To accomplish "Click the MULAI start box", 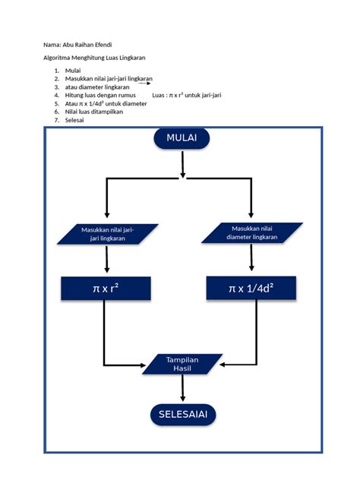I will coord(182,138).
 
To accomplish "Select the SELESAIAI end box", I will coord(182,415).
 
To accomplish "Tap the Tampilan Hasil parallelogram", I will coord(182,364).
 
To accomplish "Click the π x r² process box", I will coord(106,289).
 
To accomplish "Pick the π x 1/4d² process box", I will coord(251,289).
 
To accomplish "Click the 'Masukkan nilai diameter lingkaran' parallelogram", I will coord(251,232).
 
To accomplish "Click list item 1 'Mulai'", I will coord(74,71).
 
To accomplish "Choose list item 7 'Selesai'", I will coord(74,119).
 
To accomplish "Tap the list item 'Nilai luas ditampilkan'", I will coord(93,111).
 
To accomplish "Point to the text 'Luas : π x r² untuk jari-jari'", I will coord(186,95).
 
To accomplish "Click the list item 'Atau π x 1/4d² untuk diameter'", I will coord(106,103).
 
